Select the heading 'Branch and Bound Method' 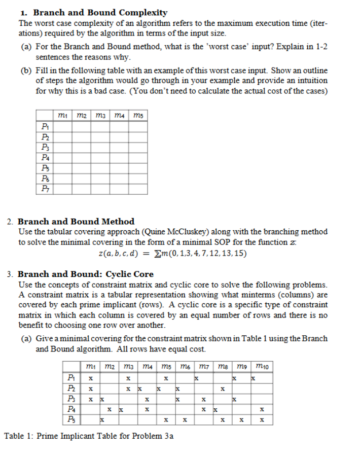[76, 221]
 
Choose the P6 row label [45, 179]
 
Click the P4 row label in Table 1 [71, 409]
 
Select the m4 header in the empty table [119, 115]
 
